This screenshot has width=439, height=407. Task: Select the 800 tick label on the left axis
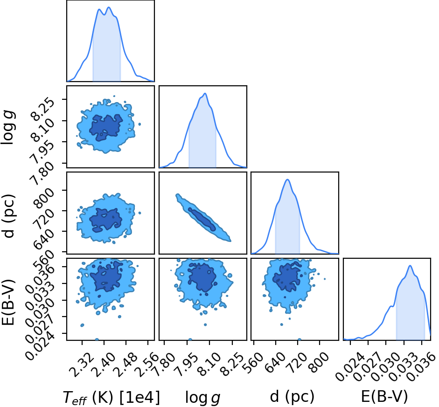click(x=44, y=198)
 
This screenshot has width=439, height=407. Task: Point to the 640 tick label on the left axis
click(x=44, y=240)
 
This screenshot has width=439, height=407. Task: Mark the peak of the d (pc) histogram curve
click(x=287, y=179)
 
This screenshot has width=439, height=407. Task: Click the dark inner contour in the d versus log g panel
click(x=202, y=219)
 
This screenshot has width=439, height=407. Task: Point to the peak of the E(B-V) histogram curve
click(x=410, y=265)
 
